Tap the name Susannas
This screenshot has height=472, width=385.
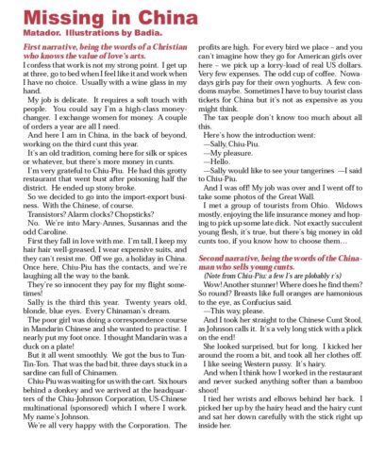click(x=147, y=222)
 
